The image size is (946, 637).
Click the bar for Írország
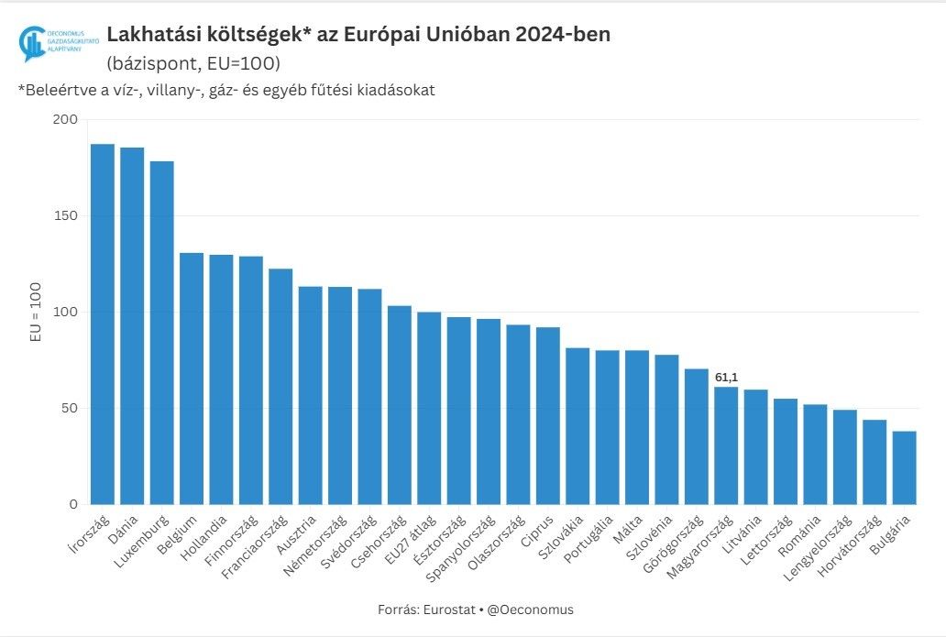(x=102, y=324)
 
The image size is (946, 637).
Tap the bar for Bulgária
(x=904, y=467)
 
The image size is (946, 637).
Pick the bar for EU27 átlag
(x=429, y=408)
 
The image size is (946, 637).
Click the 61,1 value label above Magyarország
(x=726, y=377)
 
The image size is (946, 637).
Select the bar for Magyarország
(x=726, y=445)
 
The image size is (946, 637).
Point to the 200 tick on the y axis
(x=65, y=120)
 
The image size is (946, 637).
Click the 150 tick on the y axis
(x=65, y=216)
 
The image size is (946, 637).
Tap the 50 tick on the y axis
(x=69, y=409)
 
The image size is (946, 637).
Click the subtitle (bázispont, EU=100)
(x=193, y=64)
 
